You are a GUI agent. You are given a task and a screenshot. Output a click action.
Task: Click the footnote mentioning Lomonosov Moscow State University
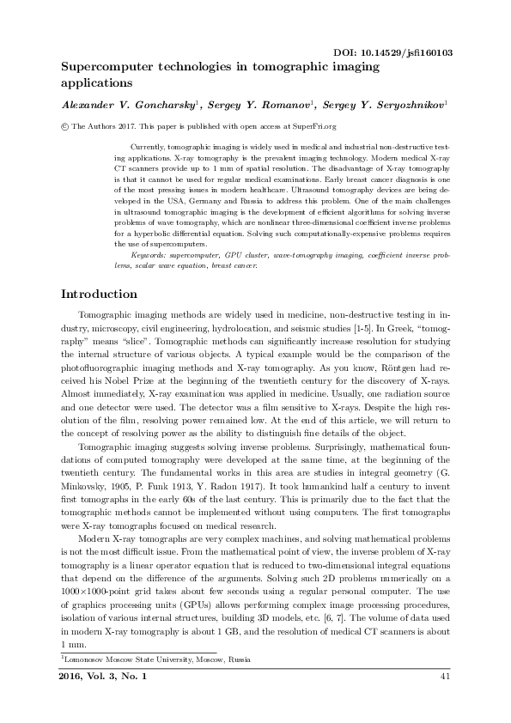click(155, 659)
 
